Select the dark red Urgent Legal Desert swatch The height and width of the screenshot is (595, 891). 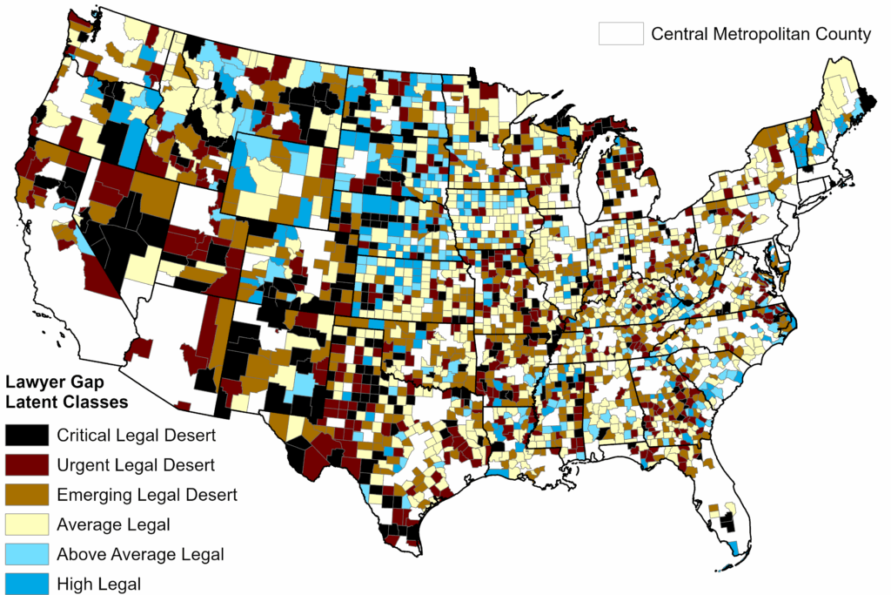coord(26,465)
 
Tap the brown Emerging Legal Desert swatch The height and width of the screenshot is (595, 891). coord(26,495)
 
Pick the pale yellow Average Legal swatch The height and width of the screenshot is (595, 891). coord(26,524)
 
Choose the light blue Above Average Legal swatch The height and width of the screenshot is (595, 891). coord(26,554)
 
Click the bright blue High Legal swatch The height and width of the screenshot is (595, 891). coord(26,583)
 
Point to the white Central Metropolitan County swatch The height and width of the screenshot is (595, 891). coord(620,34)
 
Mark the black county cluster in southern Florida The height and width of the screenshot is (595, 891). coord(725,523)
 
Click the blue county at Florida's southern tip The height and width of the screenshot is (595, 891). coord(736,547)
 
